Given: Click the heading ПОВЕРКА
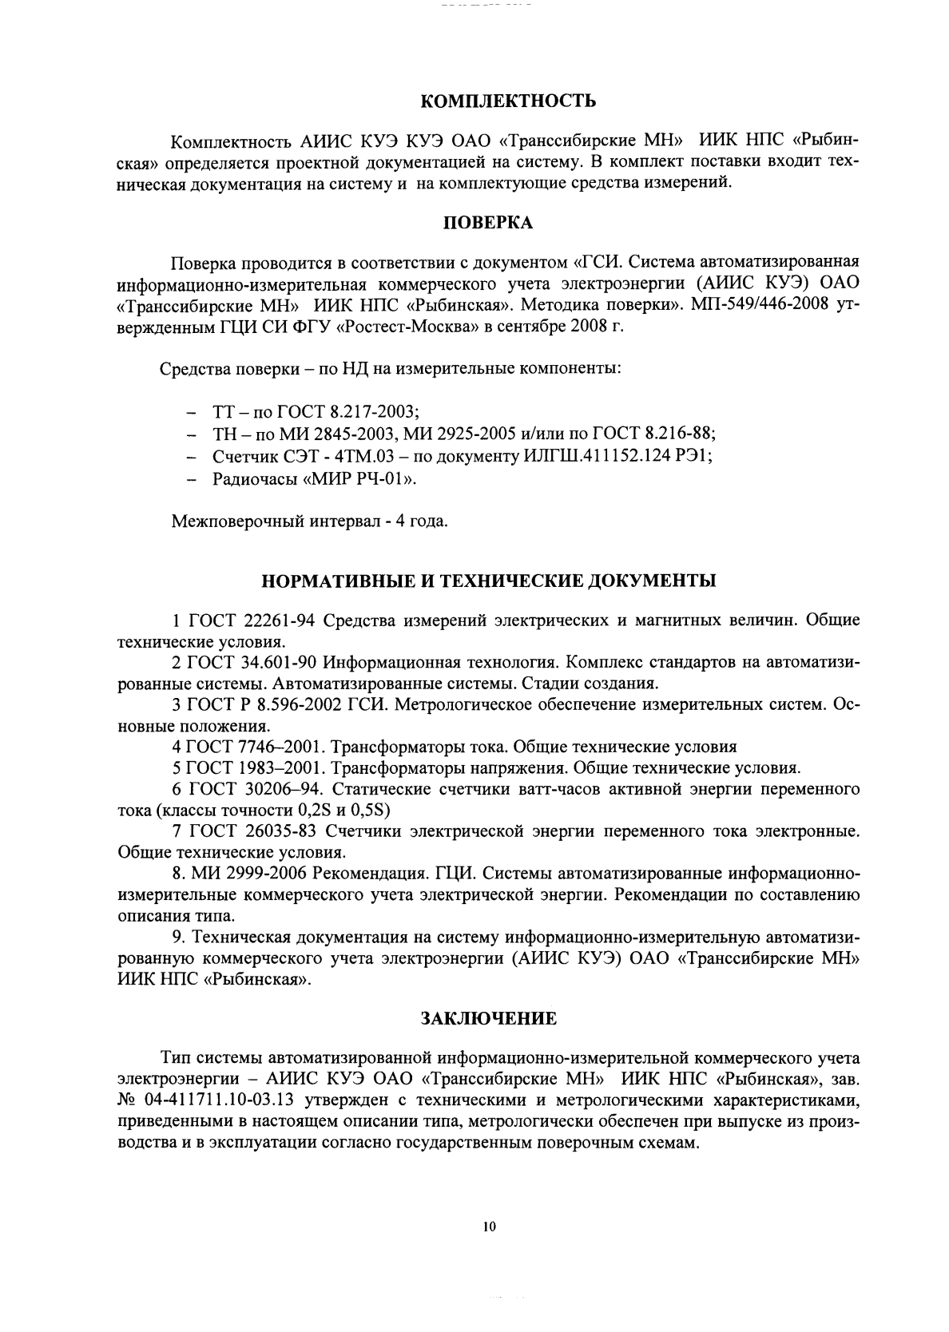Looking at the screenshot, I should click(488, 224).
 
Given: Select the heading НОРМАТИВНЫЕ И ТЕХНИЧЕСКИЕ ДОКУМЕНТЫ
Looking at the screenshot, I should click(488, 581).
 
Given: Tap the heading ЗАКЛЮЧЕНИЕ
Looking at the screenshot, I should click(488, 1019).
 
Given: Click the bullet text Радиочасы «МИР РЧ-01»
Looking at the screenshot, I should click(315, 479).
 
